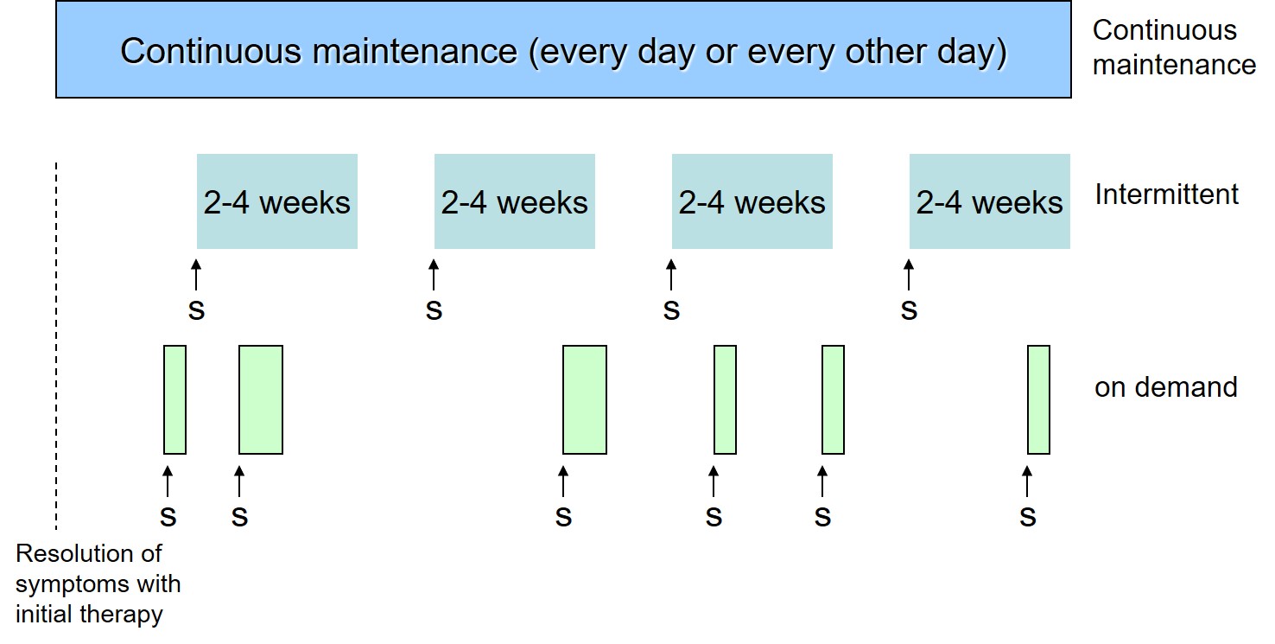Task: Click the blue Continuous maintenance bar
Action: (x=563, y=49)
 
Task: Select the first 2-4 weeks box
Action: (x=277, y=201)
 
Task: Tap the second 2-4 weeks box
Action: (x=515, y=201)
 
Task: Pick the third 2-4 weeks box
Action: (x=752, y=201)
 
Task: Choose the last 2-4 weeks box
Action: (x=990, y=201)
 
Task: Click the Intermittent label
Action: (x=1166, y=194)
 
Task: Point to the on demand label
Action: (x=1165, y=387)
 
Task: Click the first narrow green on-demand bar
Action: (x=174, y=399)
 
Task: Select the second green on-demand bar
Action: (x=261, y=399)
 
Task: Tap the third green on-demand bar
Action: (x=585, y=399)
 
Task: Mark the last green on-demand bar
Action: (x=1039, y=399)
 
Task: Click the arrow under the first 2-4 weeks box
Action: (x=196, y=274)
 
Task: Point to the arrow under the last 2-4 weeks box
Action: (x=909, y=274)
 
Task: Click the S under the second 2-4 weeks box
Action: (x=434, y=311)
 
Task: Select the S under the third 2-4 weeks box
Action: (x=672, y=311)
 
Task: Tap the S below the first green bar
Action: (x=168, y=517)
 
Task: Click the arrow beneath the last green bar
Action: (x=1027, y=481)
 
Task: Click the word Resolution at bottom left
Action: (x=88, y=553)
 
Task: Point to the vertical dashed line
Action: (x=56, y=346)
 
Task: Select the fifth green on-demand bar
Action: (x=834, y=399)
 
